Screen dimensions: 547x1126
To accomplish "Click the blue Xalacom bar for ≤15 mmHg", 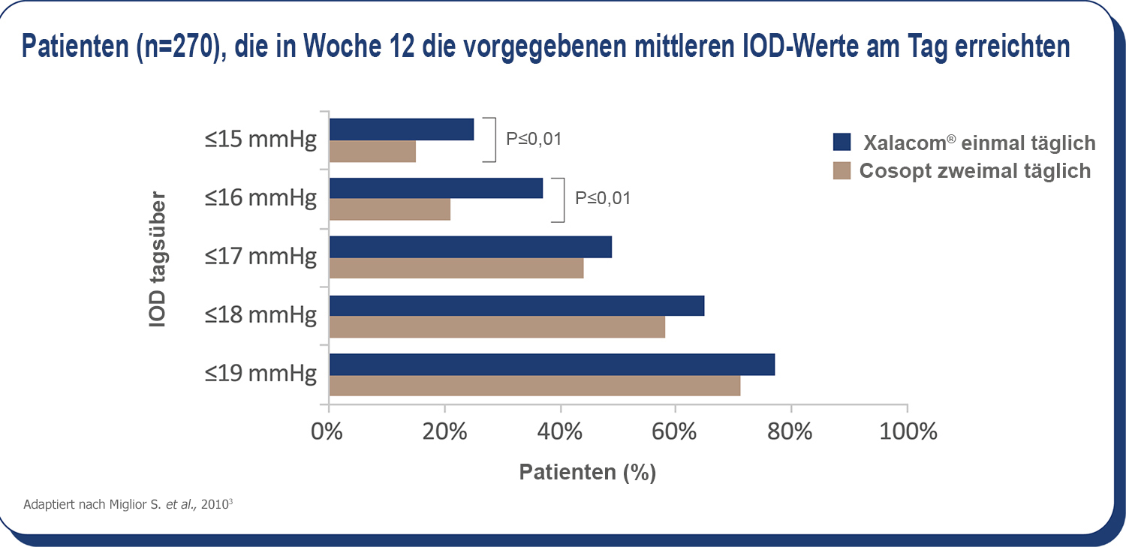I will click(402, 129).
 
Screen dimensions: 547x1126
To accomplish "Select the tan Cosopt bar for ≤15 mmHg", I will click(372, 151).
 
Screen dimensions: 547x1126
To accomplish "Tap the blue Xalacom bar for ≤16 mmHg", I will click(436, 188).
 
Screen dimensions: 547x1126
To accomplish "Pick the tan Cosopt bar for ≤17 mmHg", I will click(456, 268).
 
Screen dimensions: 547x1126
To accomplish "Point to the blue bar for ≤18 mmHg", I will click(516, 305).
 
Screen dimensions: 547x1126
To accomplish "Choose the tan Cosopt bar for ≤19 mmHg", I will click(534, 386).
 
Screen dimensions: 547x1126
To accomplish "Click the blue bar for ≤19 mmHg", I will click(552, 365).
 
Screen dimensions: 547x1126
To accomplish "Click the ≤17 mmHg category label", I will click(260, 257).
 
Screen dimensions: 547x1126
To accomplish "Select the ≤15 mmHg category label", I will click(260, 140).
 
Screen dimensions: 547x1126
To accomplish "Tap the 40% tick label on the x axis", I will click(561, 432).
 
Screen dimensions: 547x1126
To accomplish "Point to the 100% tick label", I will click(907, 432).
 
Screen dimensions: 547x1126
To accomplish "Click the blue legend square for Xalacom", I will click(841, 142).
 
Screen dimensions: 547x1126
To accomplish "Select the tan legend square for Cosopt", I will click(841, 170).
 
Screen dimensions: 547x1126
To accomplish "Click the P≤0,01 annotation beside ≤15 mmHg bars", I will click(534, 139).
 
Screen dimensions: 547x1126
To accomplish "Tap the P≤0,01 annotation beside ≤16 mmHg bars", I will click(603, 199).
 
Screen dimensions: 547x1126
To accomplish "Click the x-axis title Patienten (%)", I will click(587, 472).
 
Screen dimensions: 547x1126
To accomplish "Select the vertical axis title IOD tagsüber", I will click(157, 263).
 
